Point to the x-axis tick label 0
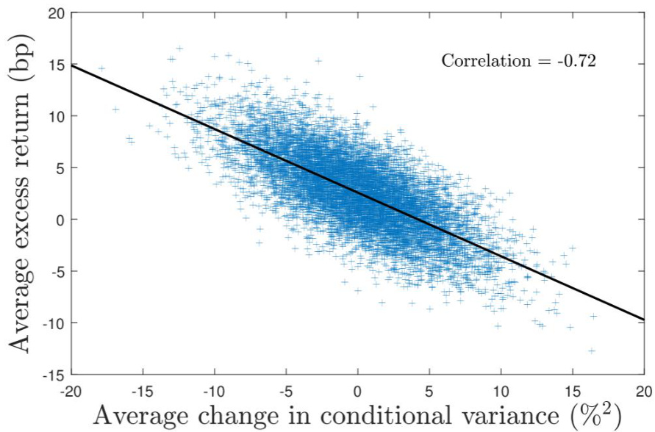tap(358, 389)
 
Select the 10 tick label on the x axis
tap(501, 389)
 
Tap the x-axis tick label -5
tap(286, 389)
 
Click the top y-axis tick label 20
tap(56, 12)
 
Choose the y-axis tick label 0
tap(60, 220)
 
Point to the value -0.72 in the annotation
tap(576, 61)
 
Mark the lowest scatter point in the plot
tap(592, 351)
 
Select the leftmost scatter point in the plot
tap(101, 68)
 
